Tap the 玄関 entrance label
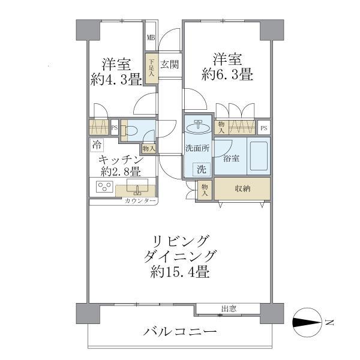pos(169,64)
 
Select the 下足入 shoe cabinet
pos(152,67)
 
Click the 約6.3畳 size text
pos(226,75)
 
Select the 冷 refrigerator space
pos(97,145)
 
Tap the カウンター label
pos(140,201)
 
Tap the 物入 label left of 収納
pos(205,190)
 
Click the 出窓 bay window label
pos(228,309)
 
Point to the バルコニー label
pos(179,332)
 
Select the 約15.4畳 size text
pos(179,272)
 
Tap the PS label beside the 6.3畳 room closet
pos(264,128)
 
